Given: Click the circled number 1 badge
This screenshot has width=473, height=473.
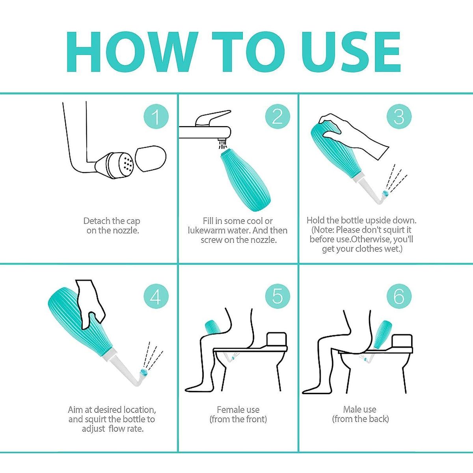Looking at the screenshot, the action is pyautogui.click(x=156, y=116).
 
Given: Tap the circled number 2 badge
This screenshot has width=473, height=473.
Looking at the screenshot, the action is pyautogui.click(x=277, y=116).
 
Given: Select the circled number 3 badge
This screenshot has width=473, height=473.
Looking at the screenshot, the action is pyautogui.click(x=399, y=116).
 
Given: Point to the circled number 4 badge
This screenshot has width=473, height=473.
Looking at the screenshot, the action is pyautogui.click(x=156, y=297).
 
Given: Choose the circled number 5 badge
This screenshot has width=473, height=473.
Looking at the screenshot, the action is pyautogui.click(x=277, y=297).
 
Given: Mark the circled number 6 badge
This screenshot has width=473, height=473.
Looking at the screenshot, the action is pyautogui.click(x=399, y=297).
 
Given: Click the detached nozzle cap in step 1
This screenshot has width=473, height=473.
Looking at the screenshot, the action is pyautogui.click(x=151, y=158).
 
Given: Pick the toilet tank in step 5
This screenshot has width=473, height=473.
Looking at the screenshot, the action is pyautogui.click(x=277, y=339).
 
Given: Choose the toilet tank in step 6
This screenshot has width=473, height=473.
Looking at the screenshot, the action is pyautogui.click(x=402, y=341).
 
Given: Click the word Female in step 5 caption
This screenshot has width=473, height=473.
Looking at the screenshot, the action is pyautogui.click(x=230, y=410).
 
